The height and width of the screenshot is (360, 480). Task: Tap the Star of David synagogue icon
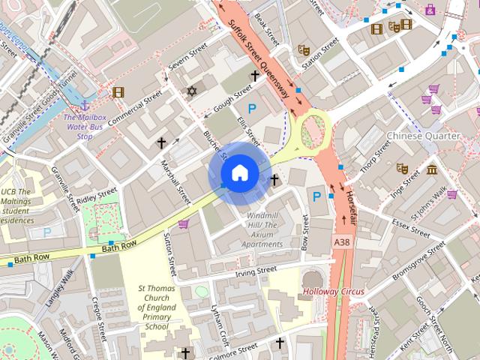[x=191, y=91]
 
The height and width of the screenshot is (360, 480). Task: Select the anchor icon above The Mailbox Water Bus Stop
[x=84, y=106]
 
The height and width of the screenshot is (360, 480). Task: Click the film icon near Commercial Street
[x=117, y=92]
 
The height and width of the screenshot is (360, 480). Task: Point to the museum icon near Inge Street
[x=433, y=170]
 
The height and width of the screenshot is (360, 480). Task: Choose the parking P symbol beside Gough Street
[x=253, y=109]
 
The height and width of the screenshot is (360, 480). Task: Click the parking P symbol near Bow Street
[x=316, y=196]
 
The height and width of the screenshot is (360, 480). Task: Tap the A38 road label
[x=342, y=242]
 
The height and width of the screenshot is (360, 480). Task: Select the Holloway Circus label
[x=333, y=291]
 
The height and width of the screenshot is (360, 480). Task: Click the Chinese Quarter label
[x=423, y=136]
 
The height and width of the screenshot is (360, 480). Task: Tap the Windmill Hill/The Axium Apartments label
[x=262, y=229]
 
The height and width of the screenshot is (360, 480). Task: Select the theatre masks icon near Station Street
[x=304, y=49]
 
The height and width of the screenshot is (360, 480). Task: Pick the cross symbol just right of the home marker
[x=274, y=180]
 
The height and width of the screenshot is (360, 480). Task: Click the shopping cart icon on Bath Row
[x=183, y=223]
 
